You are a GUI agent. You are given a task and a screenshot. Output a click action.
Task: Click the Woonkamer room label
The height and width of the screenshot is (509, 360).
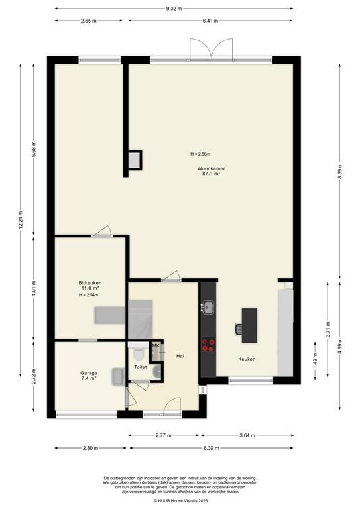[x=211, y=168]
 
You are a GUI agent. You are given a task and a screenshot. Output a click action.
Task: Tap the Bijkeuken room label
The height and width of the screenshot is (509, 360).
[x=90, y=283]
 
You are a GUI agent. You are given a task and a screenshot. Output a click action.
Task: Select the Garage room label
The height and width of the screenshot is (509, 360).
[x=89, y=373]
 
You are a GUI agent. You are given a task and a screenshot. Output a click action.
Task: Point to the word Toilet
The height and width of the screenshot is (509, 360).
[x=141, y=367]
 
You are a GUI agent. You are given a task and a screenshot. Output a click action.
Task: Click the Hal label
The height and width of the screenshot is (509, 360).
[x=180, y=356]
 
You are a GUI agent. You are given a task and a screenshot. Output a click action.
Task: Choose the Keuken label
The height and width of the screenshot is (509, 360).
[x=247, y=359]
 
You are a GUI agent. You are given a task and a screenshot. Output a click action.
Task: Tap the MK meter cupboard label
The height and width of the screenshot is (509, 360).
[x=156, y=346]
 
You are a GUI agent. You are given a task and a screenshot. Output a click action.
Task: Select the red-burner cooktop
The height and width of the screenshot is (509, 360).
[x=208, y=345]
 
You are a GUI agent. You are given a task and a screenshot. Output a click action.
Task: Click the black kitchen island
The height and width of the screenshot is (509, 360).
[x=249, y=325]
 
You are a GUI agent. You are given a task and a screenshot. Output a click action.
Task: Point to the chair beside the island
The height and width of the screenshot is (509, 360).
[x=239, y=329]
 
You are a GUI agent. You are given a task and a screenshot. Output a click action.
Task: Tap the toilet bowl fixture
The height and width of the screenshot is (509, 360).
[x=139, y=354]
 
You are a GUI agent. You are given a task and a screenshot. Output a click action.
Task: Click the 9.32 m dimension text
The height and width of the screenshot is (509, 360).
[x=174, y=9]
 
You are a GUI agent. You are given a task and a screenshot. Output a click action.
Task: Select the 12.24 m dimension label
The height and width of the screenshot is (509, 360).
[x=21, y=221]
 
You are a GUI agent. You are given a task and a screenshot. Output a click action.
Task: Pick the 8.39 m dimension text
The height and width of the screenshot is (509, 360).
[x=340, y=171]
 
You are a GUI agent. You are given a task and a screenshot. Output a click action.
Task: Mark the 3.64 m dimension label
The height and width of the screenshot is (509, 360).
[x=247, y=435]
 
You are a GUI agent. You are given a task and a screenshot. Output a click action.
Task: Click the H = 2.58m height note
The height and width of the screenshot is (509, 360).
[x=200, y=154]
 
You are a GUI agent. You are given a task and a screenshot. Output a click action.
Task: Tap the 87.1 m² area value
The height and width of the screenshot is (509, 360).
[x=211, y=174]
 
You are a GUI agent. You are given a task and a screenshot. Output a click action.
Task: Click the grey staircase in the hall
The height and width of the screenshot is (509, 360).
[x=141, y=319]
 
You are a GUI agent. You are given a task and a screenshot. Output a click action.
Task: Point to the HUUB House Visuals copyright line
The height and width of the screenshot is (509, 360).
[x=180, y=501]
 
